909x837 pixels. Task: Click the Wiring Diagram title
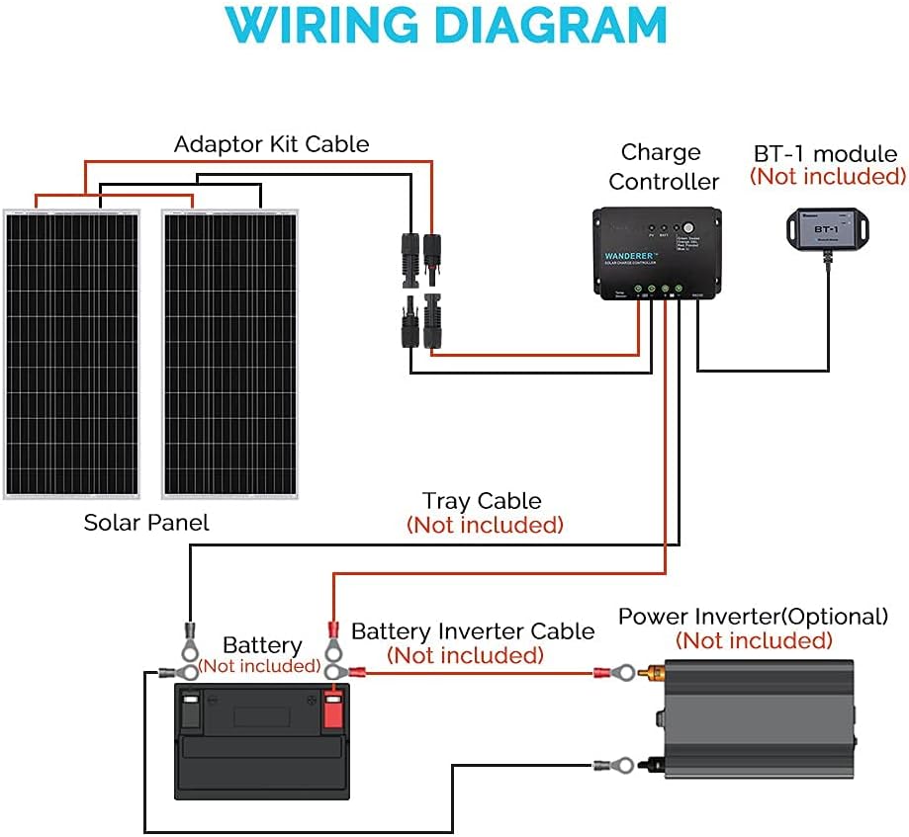click(x=454, y=27)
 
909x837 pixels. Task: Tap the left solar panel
click(x=80, y=353)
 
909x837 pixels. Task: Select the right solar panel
click(x=229, y=353)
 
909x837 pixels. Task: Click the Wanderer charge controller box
click(x=655, y=253)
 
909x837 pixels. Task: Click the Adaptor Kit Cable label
click(x=271, y=144)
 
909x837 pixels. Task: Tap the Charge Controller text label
click(x=663, y=167)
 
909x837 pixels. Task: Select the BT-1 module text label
click(x=825, y=154)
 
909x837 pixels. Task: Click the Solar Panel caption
click(x=146, y=523)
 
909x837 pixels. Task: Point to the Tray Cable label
click(x=482, y=502)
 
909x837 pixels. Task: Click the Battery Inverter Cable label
click(x=473, y=631)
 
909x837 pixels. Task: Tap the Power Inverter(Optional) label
click(x=753, y=617)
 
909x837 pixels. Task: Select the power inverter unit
click(x=754, y=726)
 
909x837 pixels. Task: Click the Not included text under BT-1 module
click(x=827, y=177)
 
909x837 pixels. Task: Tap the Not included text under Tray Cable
click(x=485, y=525)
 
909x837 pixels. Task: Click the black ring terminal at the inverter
click(x=615, y=765)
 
